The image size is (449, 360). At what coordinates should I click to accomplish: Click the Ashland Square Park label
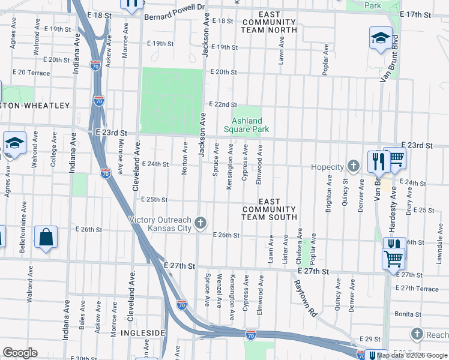(x=247, y=124)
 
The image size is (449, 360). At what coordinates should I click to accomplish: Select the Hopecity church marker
(x=354, y=166)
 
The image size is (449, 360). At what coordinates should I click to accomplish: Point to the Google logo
(x=20, y=353)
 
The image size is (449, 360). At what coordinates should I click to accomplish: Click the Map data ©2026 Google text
(x=412, y=355)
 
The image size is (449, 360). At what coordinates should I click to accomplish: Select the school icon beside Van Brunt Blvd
(x=381, y=38)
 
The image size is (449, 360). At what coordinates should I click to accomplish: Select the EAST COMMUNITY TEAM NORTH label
(x=270, y=22)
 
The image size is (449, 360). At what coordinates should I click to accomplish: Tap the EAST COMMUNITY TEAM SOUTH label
(x=270, y=209)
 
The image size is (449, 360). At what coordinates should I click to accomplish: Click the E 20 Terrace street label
(x=31, y=72)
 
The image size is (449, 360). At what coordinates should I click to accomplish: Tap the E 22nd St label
(x=223, y=104)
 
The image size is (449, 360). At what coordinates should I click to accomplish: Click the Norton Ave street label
(x=185, y=158)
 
